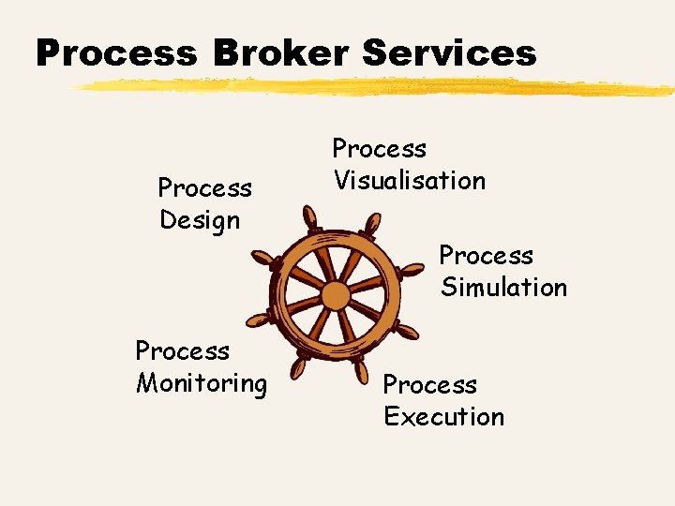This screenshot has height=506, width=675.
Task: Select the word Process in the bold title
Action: [116, 53]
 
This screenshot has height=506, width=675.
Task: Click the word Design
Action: [200, 221]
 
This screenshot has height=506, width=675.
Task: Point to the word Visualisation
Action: [410, 181]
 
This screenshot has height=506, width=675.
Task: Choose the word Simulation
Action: [503, 288]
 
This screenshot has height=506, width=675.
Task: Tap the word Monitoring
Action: [202, 383]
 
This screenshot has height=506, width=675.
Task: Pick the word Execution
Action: [443, 417]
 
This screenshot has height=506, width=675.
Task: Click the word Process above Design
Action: [204, 188]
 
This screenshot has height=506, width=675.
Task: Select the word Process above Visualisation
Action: [380, 149]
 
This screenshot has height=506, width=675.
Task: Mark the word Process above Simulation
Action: [486, 255]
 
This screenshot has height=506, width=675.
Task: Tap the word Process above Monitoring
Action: [182, 351]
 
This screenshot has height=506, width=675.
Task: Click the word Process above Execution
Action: [429, 385]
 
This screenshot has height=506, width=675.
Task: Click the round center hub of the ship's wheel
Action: [335, 296]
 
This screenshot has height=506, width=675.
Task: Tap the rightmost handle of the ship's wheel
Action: [411, 270]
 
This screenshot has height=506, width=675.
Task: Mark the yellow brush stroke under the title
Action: [375, 88]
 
